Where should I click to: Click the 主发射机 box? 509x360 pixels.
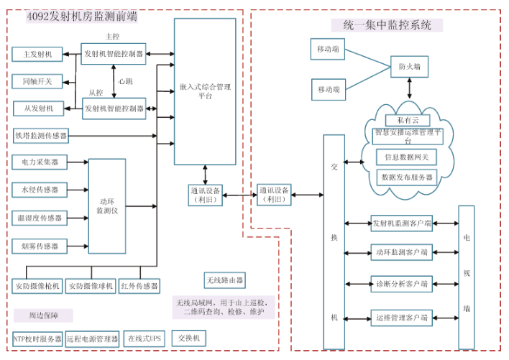point(37,54)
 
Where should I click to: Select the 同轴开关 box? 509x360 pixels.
point(37,81)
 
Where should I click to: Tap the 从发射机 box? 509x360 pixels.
point(37,109)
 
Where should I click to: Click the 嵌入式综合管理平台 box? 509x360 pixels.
point(205,91)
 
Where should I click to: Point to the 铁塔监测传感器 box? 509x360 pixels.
point(40,135)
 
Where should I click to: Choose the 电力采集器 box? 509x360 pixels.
point(40,162)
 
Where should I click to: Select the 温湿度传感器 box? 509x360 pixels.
point(40,218)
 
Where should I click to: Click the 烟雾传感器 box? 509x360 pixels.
point(40,246)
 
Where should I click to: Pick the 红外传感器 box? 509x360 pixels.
point(139,286)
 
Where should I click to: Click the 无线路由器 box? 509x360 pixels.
point(225,280)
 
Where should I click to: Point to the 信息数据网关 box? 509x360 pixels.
point(406,157)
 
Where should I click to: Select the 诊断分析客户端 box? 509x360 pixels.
point(401,283)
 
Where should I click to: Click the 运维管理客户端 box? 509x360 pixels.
point(401,316)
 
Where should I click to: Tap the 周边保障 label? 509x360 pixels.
point(42,315)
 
